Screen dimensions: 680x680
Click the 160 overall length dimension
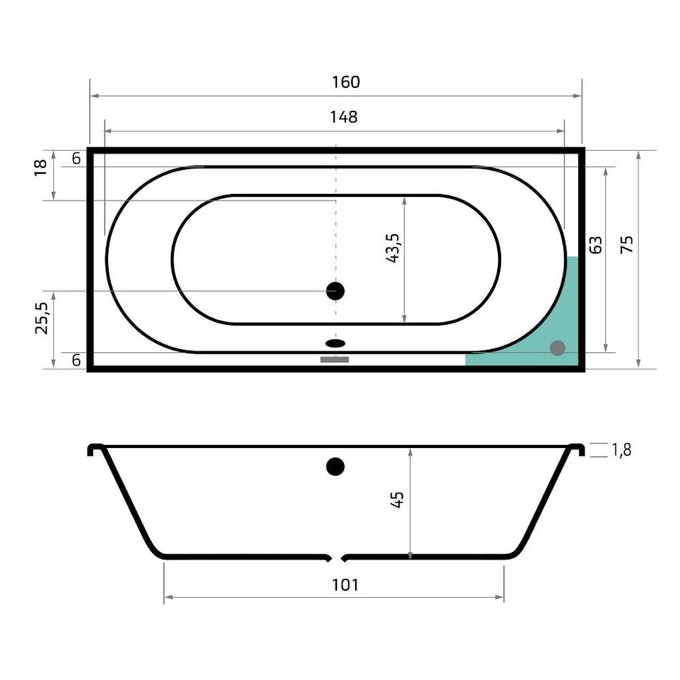pyautogui.click(x=345, y=82)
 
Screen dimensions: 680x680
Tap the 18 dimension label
pyautogui.click(x=42, y=168)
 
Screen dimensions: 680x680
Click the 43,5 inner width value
pyautogui.click(x=392, y=248)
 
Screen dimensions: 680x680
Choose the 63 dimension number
pyautogui.click(x=595, y=245)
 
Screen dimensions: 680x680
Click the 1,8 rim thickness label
pyautogui.click(x=620, y=450)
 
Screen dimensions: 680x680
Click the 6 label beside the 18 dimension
pyautogui.click(x=76, y=159)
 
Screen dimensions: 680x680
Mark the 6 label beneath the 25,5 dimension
pyautogui.click(x=76, y=360)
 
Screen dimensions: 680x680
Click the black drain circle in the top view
pyautogui.click(x=335, y=291)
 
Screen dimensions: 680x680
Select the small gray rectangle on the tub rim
pyautogui.click(x=335, y=360)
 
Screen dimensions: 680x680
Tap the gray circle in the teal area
pyautogui.click(x=558, y=348)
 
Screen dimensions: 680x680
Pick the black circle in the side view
pyautogui.click(x=335, y=467)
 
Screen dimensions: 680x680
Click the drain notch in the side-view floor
pyautogui.click(x=336, y=559)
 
